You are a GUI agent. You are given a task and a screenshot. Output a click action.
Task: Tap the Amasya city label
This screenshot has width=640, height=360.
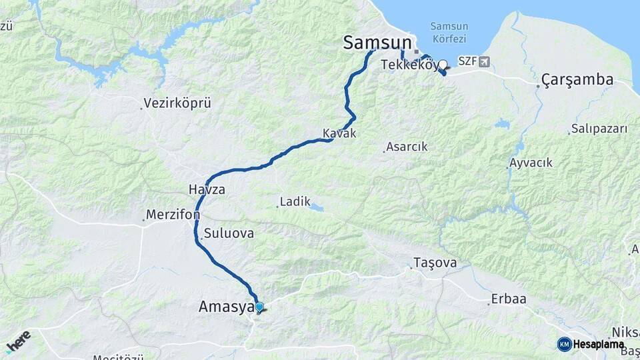point(226,307)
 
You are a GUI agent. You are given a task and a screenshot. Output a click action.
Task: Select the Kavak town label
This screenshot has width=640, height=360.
point(339,133)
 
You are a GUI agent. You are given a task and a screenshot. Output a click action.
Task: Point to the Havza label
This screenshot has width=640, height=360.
point(207,189)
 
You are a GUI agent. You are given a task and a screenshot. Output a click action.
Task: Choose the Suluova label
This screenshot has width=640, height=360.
point(228,233)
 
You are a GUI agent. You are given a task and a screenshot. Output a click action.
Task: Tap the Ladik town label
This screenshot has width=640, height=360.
point(295,201)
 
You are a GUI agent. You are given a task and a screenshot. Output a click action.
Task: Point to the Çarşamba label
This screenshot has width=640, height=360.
point(577,80)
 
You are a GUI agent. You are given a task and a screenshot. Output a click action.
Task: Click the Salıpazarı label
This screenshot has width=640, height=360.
point(599,129)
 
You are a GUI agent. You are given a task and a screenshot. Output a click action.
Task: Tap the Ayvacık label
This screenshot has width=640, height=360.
point(531,163)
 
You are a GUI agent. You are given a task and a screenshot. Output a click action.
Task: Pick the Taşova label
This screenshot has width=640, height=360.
point(435,263)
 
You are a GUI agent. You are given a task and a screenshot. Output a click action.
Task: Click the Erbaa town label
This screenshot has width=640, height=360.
point(508,299)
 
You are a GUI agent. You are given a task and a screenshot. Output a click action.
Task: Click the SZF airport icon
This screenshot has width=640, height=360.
point(483,61)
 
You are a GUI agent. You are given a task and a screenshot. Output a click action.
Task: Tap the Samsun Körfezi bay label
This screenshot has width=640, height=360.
point(449,33)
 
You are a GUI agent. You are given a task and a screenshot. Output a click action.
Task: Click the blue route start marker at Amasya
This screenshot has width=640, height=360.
point(259,307)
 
